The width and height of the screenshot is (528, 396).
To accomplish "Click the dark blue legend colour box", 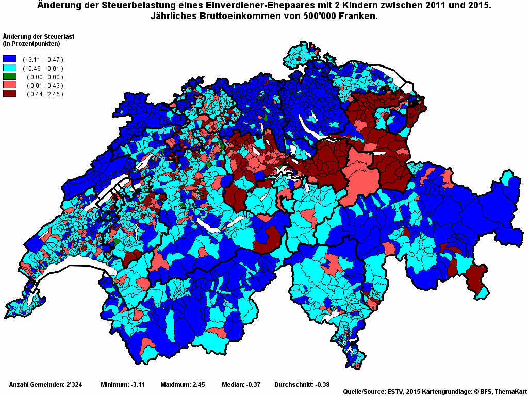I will coord(10,59).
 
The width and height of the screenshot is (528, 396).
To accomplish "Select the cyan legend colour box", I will coord(10,68).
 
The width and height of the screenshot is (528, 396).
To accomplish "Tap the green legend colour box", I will coord(10,77).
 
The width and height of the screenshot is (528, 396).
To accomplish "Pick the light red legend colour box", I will coord(10,85).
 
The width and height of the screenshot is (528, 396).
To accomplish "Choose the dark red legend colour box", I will coord(10,94).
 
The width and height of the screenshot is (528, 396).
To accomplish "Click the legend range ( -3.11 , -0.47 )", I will coord(43,60).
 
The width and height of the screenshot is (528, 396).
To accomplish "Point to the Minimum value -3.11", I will coord(137,384).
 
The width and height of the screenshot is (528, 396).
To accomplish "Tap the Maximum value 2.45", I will coord(199,384).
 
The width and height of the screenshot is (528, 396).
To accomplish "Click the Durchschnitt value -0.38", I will coord(320,384).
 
